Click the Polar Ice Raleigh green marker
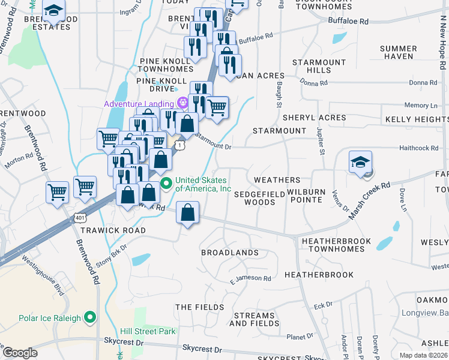90,317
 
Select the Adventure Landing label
138,104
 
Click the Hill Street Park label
148,331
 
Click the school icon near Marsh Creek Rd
361,163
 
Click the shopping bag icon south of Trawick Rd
188,212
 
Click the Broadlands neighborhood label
229,253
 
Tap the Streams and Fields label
254,319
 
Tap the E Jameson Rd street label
250,278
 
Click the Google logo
20,353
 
